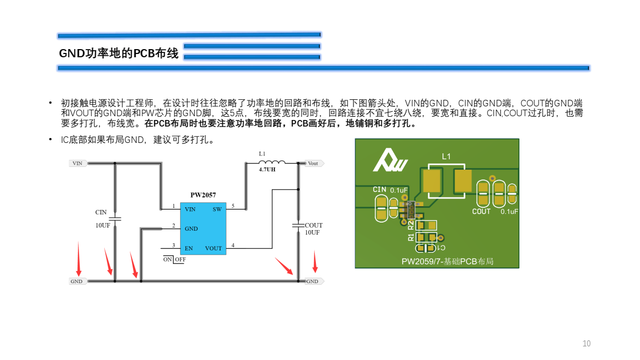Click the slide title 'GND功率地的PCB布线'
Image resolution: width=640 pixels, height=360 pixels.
(118, 53)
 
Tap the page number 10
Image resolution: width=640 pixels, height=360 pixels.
(587, 344)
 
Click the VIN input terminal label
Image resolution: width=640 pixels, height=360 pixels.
(77, 163)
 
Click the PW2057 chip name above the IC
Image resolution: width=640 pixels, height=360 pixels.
(203, 195)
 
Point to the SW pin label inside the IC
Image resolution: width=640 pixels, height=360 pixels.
(217, 209)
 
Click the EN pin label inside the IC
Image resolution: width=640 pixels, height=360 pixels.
(189, 248)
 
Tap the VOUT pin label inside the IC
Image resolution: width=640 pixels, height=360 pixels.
(213, 248)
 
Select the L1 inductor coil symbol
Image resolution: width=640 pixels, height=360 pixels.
(271, 163)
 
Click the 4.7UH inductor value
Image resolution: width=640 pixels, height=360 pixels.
(267, 170)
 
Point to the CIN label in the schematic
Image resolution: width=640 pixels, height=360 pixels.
(101, 212)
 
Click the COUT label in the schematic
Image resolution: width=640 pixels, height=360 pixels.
(314, 225)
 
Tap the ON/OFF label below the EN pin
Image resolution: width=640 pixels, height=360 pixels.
(174, 260)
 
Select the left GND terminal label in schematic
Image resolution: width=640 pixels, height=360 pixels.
(76, 281)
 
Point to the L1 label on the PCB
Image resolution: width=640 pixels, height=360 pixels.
(446, 157)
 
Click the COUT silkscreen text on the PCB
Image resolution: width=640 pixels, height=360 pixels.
(481, 212)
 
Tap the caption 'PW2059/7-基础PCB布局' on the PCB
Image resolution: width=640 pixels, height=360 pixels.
(447, 262)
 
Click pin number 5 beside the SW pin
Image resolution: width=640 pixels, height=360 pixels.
(233, 206)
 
